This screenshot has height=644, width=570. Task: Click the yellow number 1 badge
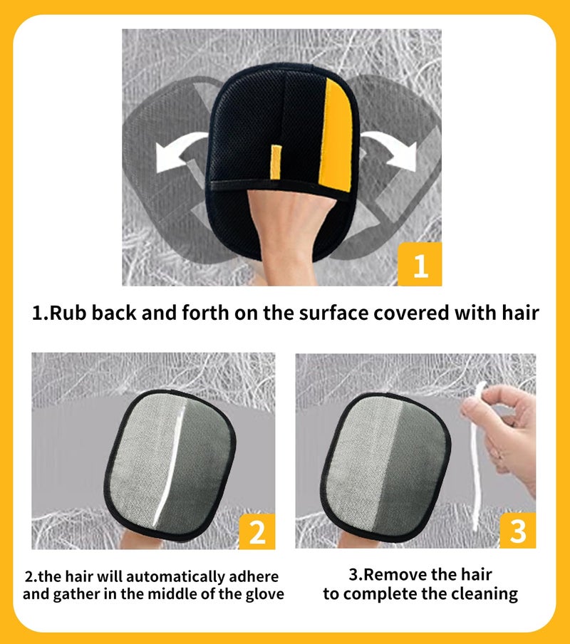point(420,264)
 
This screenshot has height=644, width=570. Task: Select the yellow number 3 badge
point(518,530)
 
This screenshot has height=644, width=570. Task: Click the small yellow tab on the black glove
point(276,162)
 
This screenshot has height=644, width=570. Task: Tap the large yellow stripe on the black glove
point(336,135)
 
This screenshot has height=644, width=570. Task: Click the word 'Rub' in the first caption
point(68,313)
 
